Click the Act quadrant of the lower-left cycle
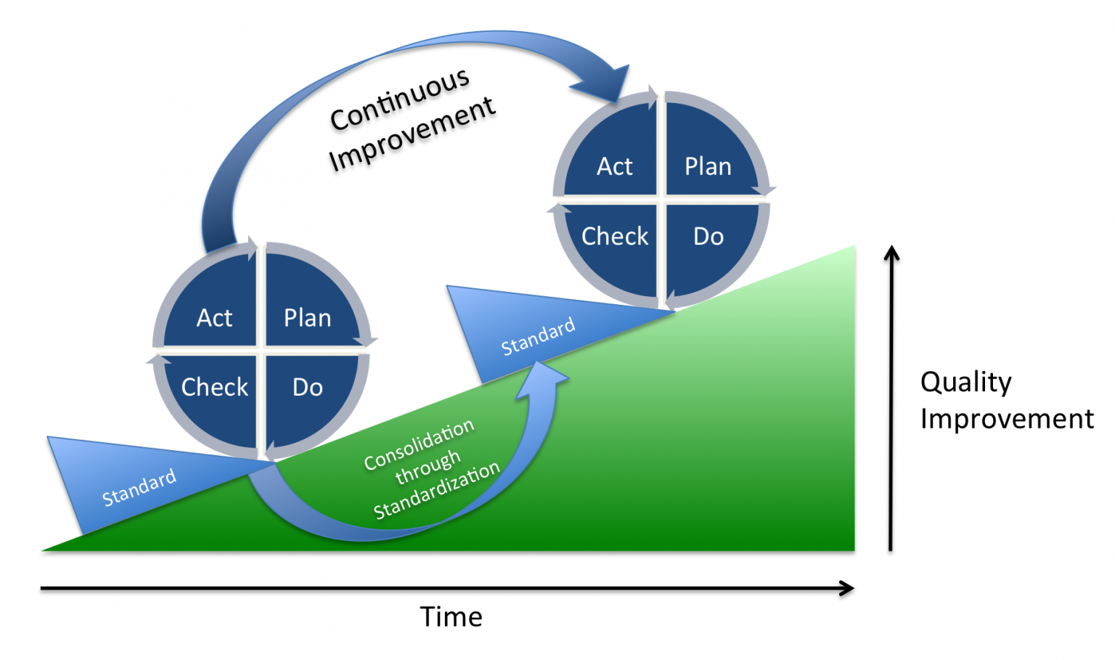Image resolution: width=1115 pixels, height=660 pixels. click(214, 317)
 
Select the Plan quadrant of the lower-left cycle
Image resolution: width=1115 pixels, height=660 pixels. click(307, 317)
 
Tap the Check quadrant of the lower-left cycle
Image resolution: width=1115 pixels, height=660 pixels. click(214, 387)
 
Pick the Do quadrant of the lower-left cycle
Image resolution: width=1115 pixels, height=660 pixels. click(307, 387)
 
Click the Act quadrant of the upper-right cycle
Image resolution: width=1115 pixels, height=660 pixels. click(614, 166)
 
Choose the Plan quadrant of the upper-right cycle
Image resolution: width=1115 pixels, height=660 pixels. click(708, 166)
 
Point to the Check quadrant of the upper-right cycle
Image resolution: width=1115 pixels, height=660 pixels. click(614, 236)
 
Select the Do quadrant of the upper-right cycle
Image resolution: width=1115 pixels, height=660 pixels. click(708, 236)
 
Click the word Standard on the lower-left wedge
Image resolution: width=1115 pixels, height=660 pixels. click(139, 487)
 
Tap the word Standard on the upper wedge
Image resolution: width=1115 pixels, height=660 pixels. click(538, 336)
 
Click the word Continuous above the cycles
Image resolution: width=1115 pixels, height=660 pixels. click(400, 99)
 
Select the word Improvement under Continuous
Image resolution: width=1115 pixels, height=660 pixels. click(412, 134)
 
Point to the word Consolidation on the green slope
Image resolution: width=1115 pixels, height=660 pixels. click(419, 444)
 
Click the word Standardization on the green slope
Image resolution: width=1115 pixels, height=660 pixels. click(436, 491)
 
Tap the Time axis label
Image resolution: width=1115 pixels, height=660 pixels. click(451, 616)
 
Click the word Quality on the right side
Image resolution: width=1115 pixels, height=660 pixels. click(965, 382)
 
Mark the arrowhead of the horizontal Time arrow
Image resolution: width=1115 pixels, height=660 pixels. click(846, 588)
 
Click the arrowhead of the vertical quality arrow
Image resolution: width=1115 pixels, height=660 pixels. click(891, 253)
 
